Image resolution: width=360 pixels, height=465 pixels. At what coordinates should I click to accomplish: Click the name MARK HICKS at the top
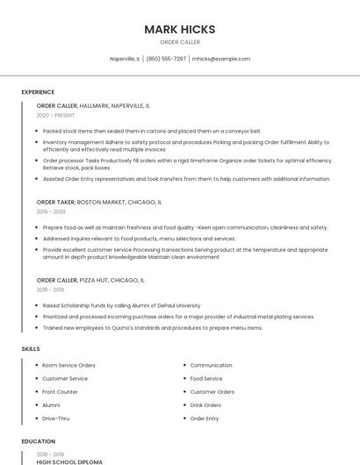pos(179,29)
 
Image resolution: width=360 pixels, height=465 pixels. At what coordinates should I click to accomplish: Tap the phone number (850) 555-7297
pos(166,59)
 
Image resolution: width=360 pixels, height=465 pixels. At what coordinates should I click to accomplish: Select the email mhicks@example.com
pos(220,59)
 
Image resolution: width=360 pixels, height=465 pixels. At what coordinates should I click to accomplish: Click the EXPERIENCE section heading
pos(38,92)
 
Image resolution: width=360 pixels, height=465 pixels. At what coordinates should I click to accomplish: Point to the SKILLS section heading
pos(31,349)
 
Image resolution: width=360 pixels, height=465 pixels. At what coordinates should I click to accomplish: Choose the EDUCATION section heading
pos(39,441)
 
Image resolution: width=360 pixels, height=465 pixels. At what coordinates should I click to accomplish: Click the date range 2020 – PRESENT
pos(55,115)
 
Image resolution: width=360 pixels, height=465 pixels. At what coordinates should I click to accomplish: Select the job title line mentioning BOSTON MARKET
pos(98,202)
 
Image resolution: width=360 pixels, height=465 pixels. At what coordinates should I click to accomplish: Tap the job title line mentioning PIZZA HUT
pos(90,280)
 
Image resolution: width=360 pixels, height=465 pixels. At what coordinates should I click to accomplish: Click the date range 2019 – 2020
pos(51,211)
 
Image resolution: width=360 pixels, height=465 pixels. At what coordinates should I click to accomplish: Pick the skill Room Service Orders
pos(68,365)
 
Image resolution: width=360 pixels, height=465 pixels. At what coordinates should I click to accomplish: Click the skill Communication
pos(211,365)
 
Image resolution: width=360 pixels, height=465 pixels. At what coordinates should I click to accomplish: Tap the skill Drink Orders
pos(205,405)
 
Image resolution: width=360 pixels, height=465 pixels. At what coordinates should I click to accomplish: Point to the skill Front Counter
pos(60,391)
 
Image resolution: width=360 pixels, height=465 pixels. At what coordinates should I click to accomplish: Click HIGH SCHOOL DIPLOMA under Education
pos(69,461)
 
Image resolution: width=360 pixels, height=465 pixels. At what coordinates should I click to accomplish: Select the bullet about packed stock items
pos(152,131)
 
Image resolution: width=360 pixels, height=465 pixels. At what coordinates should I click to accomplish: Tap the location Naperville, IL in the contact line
pos(125,59)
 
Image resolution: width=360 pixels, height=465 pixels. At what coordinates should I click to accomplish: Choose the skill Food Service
pos(206,378)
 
